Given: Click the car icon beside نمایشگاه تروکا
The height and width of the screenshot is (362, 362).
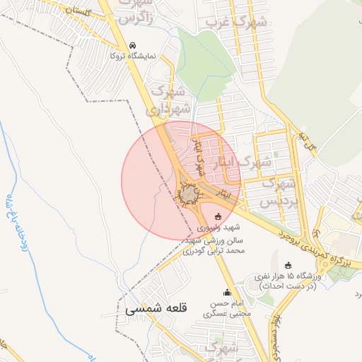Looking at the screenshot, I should click(x=132, y=45).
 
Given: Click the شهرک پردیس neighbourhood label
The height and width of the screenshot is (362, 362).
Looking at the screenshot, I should click(x=277, y=192).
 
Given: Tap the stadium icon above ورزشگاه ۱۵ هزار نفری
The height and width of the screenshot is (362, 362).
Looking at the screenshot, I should click(x=287, y=265).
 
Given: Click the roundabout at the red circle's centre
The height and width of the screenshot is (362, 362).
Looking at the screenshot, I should click(x=188, y=194).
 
